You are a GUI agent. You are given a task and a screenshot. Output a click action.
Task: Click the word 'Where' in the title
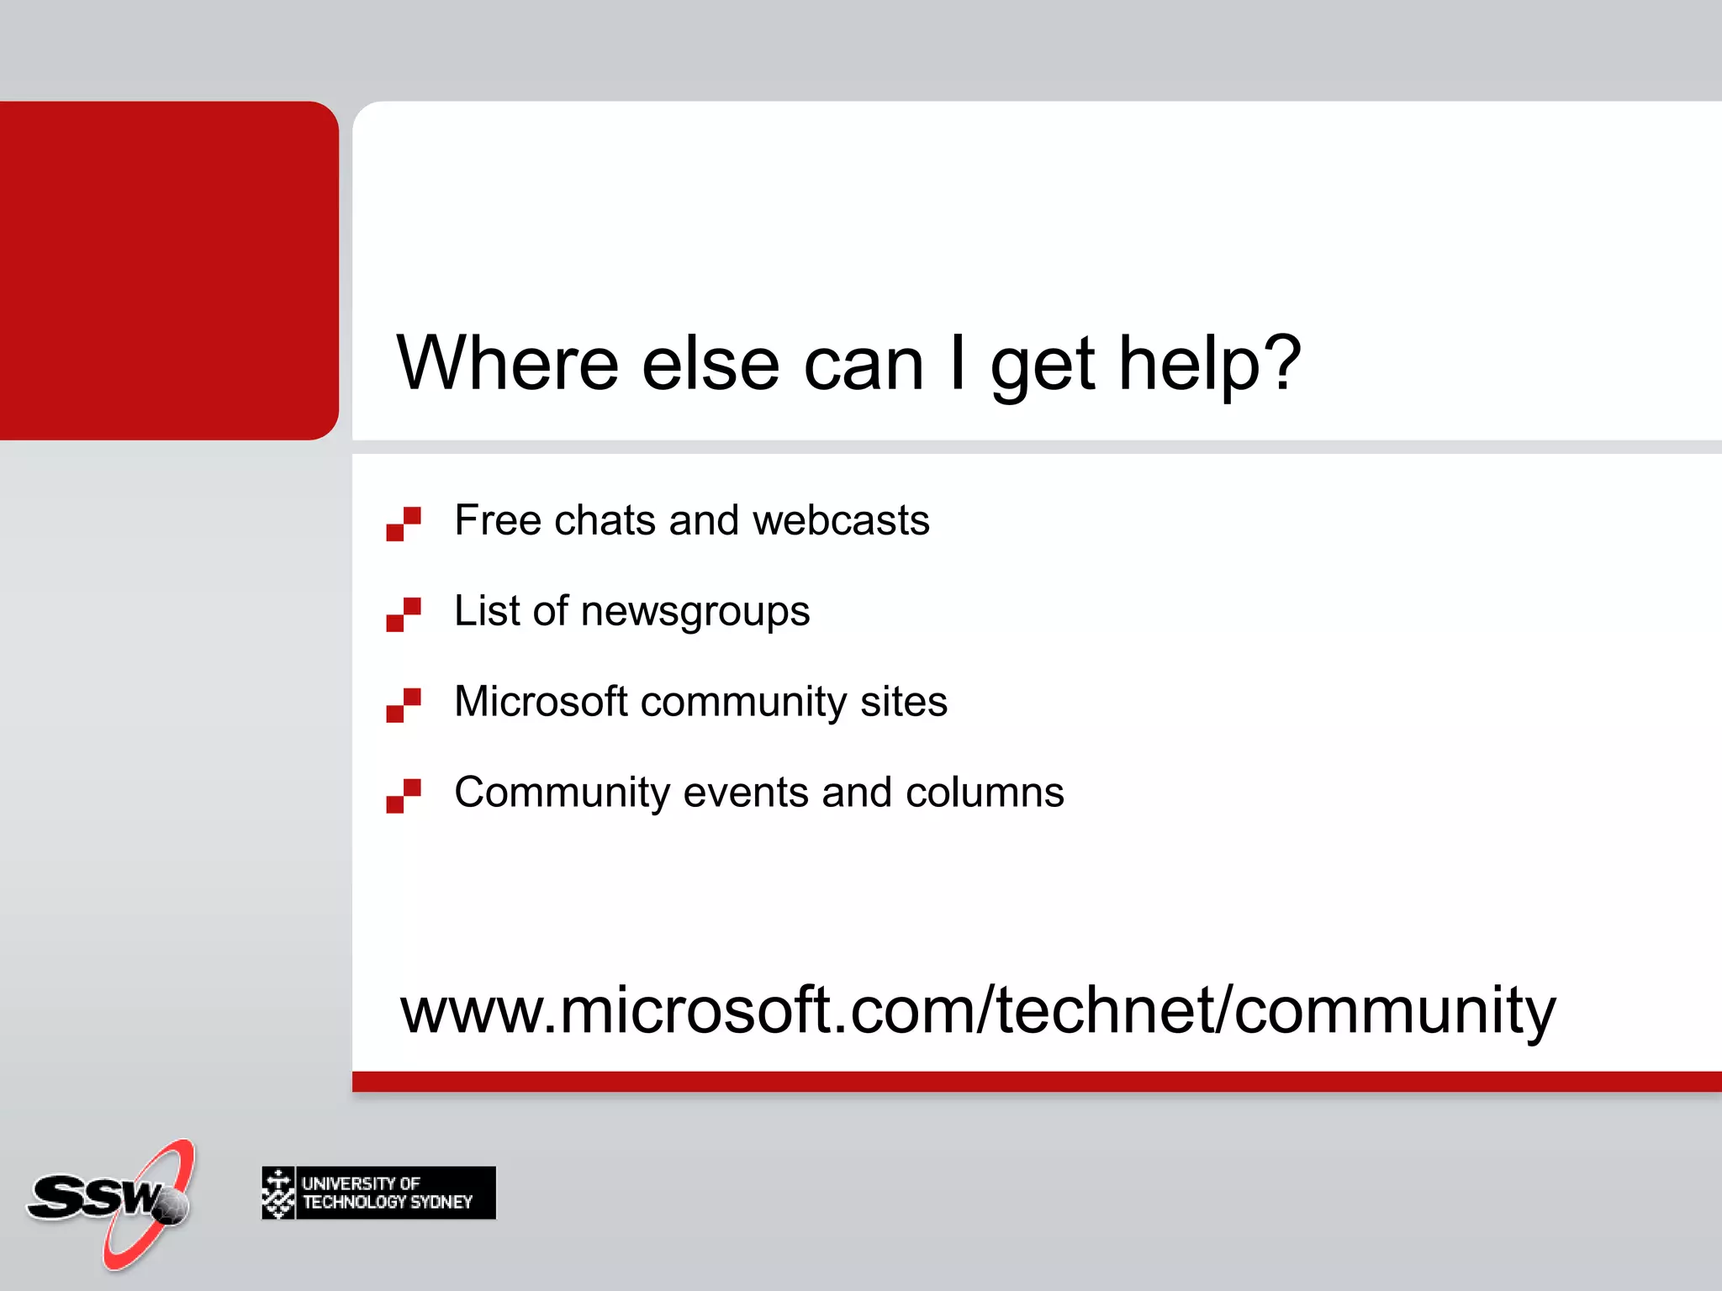(x=507, y=363)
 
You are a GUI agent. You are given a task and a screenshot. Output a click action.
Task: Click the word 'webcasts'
(x=841, y=519)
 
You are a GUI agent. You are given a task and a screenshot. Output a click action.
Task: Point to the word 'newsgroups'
(x=695, y=612)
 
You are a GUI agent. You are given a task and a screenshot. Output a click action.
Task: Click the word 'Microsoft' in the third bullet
(x=541, y=701)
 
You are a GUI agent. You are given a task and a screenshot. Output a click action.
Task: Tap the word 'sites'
(x=903, y=701)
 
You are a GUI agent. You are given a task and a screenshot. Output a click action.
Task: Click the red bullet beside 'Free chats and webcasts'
(x=404, y=524)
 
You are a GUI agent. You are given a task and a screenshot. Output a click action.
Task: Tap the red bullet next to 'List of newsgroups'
(x=404, y=614)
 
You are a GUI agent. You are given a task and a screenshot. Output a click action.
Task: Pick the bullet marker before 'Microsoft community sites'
(x=404, y=705)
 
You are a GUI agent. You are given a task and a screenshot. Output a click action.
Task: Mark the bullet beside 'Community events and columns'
(x=404, y=796)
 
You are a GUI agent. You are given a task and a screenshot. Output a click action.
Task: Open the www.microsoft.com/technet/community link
(x=977, y=1010)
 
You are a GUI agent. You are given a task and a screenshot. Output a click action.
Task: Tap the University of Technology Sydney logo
(x=378, y=1193)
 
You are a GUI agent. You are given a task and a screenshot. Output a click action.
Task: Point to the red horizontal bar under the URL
(x=1036, y=1082)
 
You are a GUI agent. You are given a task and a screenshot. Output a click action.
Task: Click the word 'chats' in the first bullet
(x=605, y=519)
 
